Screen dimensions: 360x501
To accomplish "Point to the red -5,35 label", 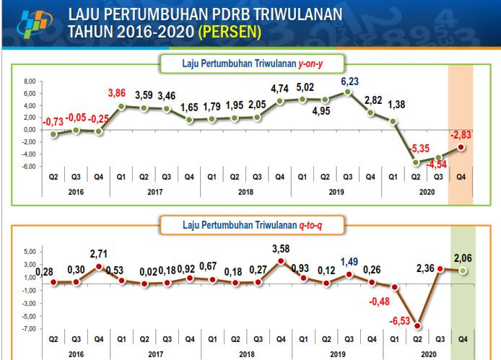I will point(418,149).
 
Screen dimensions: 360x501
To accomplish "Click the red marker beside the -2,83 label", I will point(461,146).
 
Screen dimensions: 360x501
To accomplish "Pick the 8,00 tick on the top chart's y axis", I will point(29,82).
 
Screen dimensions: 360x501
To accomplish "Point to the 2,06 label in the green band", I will point(462,258).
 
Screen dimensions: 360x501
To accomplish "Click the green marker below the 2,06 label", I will point(461,271).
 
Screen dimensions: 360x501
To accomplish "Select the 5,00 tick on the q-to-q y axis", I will point(29,252).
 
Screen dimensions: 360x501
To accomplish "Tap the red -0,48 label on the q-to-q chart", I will point(382,302).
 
